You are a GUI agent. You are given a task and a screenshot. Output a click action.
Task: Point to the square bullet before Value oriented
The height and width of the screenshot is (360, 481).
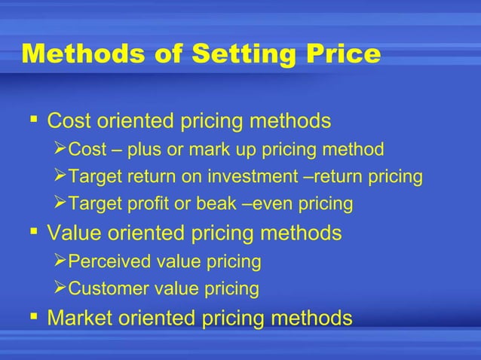click(x=32, y=231)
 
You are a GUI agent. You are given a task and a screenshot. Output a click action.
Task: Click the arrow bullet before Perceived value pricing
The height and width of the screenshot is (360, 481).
click(x=61, y=261)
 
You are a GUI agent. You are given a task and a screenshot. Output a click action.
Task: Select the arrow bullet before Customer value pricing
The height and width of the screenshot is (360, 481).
click(x=61, y=288)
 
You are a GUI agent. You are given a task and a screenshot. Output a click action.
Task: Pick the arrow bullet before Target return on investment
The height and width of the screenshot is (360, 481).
click(x=61, y=176)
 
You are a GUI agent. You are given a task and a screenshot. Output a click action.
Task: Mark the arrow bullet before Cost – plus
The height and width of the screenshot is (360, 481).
click(x=61, y=149)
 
